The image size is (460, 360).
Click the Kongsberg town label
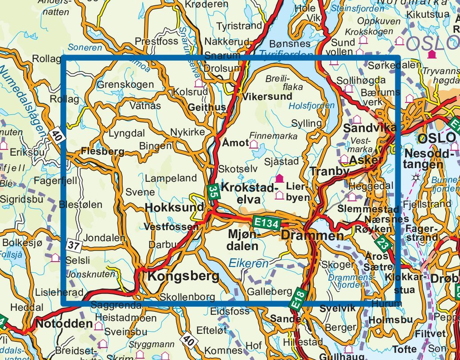(183, 276)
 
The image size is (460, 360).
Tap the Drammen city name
(312, 236)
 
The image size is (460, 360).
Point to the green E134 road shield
(266, 223)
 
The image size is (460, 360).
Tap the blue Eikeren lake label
(249, 264)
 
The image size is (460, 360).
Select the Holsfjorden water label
(312, 106)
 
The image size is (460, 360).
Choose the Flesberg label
(103, 152)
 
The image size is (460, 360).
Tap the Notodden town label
(64, 324)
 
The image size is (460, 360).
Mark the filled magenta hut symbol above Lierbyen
(279, 178)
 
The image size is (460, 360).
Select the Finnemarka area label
(273, 136)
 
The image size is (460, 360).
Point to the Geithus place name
(207, 107)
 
